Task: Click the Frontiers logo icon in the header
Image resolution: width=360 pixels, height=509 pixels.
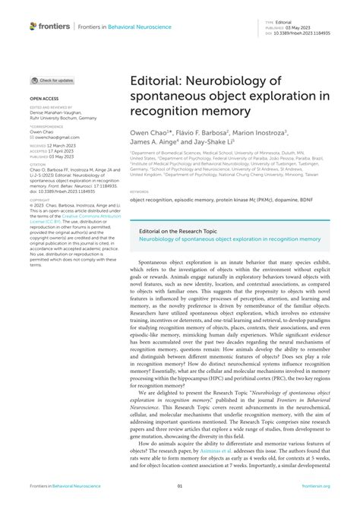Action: [x=33, y=26]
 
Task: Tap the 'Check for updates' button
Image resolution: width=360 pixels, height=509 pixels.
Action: [x=52, y=80]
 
